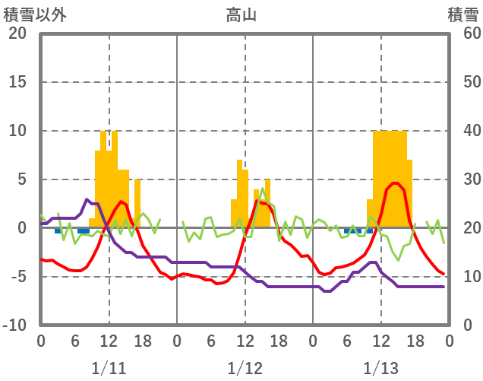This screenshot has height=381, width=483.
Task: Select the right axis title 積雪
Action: [462, 14]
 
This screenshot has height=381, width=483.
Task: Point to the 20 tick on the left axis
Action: [17, 33]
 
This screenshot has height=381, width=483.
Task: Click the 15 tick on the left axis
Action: [17, 82]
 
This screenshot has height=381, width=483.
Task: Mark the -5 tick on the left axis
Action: [17, 277]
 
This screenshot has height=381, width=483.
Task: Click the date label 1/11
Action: [109, 369]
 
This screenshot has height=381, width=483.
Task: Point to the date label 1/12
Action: [245, 369]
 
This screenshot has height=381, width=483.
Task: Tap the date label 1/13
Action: [380, 369]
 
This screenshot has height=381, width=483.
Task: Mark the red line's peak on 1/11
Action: [122, 202]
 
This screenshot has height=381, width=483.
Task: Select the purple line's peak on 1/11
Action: [87, 199]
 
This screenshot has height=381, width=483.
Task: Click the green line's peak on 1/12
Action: [263, 189]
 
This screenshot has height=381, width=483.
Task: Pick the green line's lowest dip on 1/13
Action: [398, 260]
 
